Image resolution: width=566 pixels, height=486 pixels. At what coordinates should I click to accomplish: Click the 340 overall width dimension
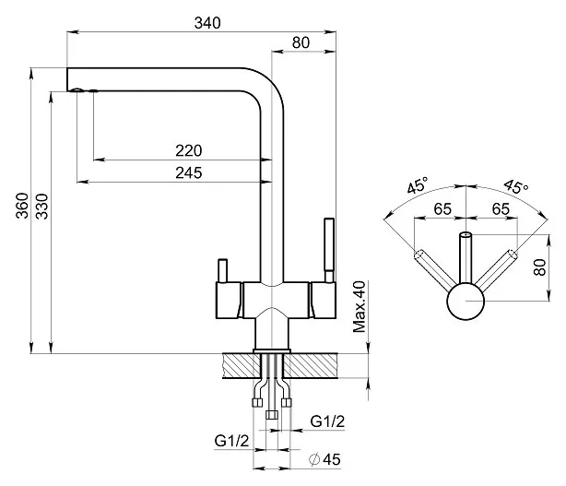[208, 24]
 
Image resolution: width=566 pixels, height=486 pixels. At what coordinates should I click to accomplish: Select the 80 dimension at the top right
[301, 42]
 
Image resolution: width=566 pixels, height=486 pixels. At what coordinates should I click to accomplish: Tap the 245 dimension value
[187, 172]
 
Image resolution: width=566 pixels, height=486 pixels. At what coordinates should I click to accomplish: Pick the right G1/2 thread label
[327, 421]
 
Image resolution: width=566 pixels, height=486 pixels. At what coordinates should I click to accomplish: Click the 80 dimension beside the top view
[540, 269]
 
